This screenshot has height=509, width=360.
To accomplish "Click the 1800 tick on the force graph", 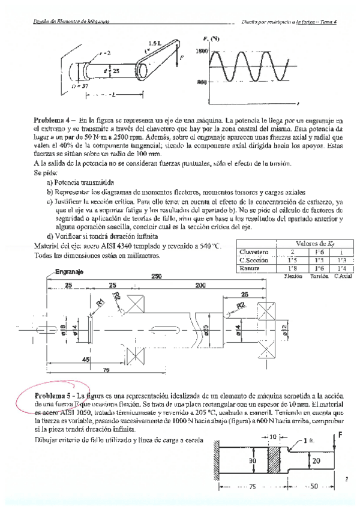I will [x=200, y=52].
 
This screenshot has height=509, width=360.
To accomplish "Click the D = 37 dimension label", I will [x=80, y=86].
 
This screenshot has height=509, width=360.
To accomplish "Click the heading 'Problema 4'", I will [x=54, y=121].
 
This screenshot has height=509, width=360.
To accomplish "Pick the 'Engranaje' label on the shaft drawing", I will [x=68, y=272].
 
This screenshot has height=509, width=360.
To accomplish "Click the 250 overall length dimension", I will [x=157, y=276].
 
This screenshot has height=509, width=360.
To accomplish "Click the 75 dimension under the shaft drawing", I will [x=105, y=371].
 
